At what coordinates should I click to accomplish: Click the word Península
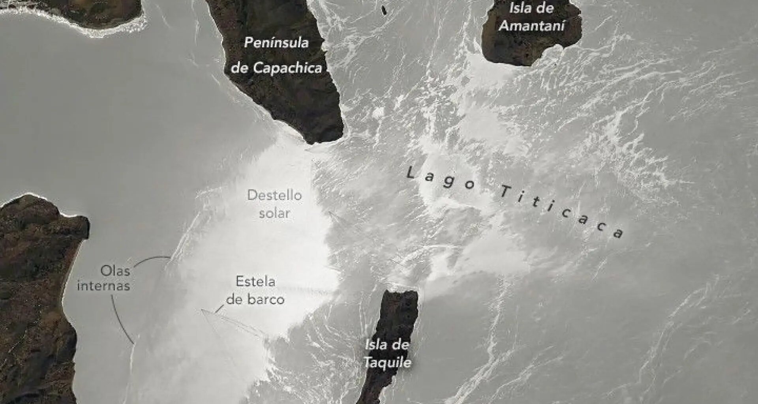(276, 43)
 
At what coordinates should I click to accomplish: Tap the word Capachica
(287, 68)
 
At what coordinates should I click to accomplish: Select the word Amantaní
(531, 26)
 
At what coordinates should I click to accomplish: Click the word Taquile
(387, 362)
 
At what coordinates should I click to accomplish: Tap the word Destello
(274, 195)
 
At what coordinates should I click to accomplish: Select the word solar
(274, 213)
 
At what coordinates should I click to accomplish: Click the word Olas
(115, 271)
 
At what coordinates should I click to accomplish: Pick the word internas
(103, 286)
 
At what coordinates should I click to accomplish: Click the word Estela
(255, 282)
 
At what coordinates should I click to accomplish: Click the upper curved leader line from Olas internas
(152, 259)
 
